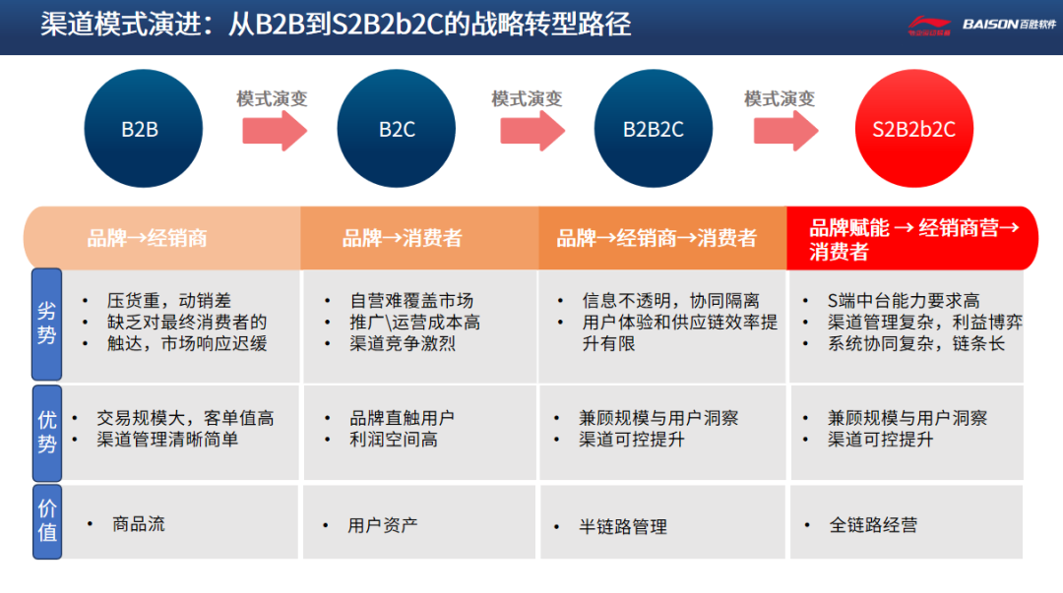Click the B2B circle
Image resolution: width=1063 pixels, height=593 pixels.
(143, 129)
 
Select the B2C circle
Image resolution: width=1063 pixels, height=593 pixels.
(397, 129)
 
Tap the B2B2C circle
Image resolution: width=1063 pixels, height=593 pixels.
(654, 129)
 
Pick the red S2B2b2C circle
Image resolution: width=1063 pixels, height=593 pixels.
(913, 129)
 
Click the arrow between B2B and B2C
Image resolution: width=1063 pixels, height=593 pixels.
(275, 130)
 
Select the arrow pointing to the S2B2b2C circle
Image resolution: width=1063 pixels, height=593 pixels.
(785, 130)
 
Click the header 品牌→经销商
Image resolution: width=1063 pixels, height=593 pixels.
(148, 238)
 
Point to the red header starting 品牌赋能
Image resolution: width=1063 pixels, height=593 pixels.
(911, 239)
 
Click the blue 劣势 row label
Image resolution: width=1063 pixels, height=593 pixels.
(47, 324)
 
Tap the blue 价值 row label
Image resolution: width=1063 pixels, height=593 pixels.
(47, 521)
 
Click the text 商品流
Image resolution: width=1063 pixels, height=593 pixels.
(139, 524)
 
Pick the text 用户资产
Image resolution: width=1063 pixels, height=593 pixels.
(383, 526)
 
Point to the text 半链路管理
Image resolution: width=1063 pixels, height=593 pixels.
(623, 527)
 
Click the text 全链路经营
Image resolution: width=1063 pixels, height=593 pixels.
(873, 525)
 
